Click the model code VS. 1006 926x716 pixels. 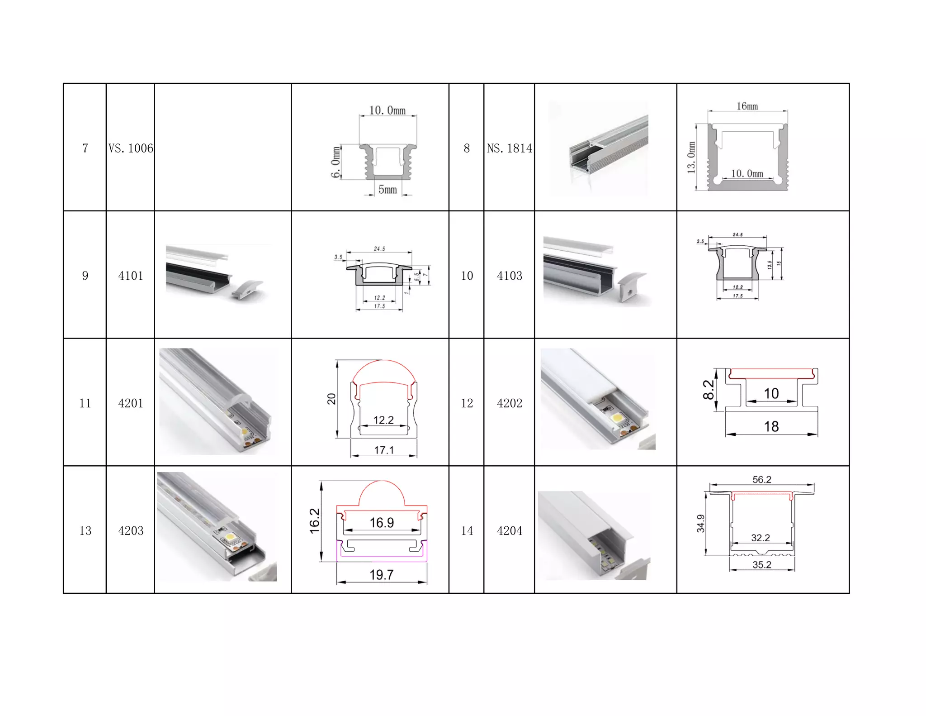pyautogui.click(x=131, y=148)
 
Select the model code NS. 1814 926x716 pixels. pyautogui.click(x=509, y=148)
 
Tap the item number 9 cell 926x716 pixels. pyautogui.click(x=85, y=276)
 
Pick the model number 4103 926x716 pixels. pyautogui.click(x=509, y=276)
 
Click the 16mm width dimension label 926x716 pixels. pyautogui.click(x=747, y=106)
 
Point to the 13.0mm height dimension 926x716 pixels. pyautogui.click(x=691, y=158)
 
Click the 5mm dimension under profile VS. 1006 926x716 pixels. pyautogui.click(x=387, y=190)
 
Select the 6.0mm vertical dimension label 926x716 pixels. pyautogui.click(x=335, y=162)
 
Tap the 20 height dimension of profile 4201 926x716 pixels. pyautogui.click(x=331, y=399)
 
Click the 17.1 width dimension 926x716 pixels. pyautogui.click(x=384, y=450)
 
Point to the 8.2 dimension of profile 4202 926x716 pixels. pyautogui.click(x=709, y=390)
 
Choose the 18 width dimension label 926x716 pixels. pyautogui.click(x=771, y=426)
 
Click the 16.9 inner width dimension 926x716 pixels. pyautogui.click(x=382, y=523)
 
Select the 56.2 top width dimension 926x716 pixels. pyautogui.click(x=761, y=479)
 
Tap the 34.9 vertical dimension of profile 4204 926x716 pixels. pyautogui.click(x=700, y=524)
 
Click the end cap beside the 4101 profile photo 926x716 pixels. pyautogui.click(x=246, y=289)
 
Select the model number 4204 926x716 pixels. pyautogui.click(x=509, y=530)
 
